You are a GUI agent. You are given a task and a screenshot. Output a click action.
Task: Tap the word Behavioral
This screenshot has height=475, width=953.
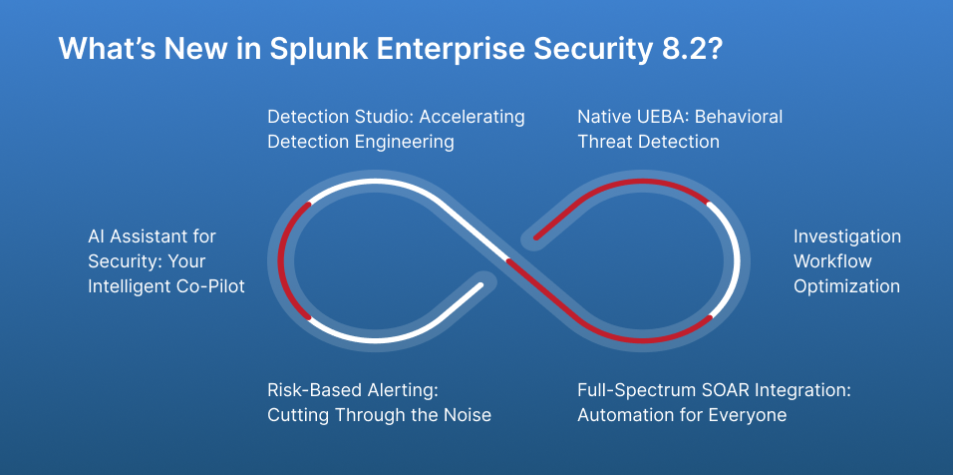[x=742, y=117]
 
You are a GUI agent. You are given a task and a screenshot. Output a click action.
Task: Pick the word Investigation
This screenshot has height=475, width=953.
[x=846, y=237]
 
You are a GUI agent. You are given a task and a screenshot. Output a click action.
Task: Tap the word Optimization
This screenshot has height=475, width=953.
[x=846, y=286]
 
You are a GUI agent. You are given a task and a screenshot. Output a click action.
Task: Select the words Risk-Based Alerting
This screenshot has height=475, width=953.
[x=352, y=390]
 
